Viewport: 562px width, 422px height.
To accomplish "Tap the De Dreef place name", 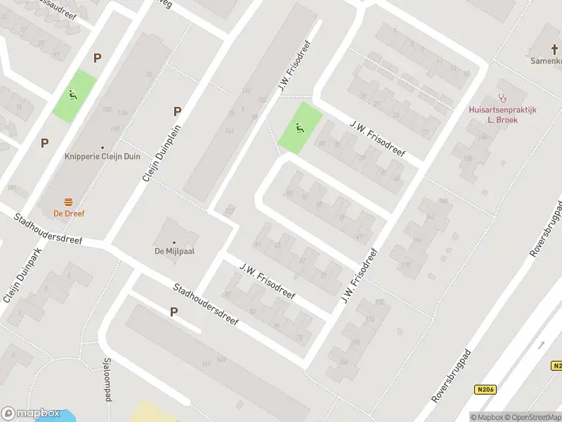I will [x=69, y=213].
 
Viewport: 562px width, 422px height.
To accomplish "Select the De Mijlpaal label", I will [x=174, y=251].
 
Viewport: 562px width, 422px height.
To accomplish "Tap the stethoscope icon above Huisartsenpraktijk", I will [x=502, y=98].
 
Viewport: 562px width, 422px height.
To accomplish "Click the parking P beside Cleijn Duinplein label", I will [x=177, y=111].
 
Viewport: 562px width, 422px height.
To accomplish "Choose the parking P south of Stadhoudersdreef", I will [x=174, y=312].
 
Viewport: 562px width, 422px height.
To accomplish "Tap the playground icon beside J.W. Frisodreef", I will [x=300, y=128].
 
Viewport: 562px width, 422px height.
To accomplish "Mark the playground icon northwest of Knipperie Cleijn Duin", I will [x=73, y=94].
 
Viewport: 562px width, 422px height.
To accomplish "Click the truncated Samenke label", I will [x=545, y=60].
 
